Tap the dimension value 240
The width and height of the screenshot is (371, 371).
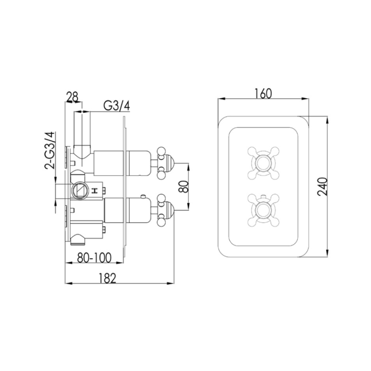[322, 187]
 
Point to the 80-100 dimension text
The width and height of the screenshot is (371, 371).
[94, 257]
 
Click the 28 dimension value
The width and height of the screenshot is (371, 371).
[72, 97]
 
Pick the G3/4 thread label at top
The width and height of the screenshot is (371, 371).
[117, 105]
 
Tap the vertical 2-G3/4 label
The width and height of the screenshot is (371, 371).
[50, 151]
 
